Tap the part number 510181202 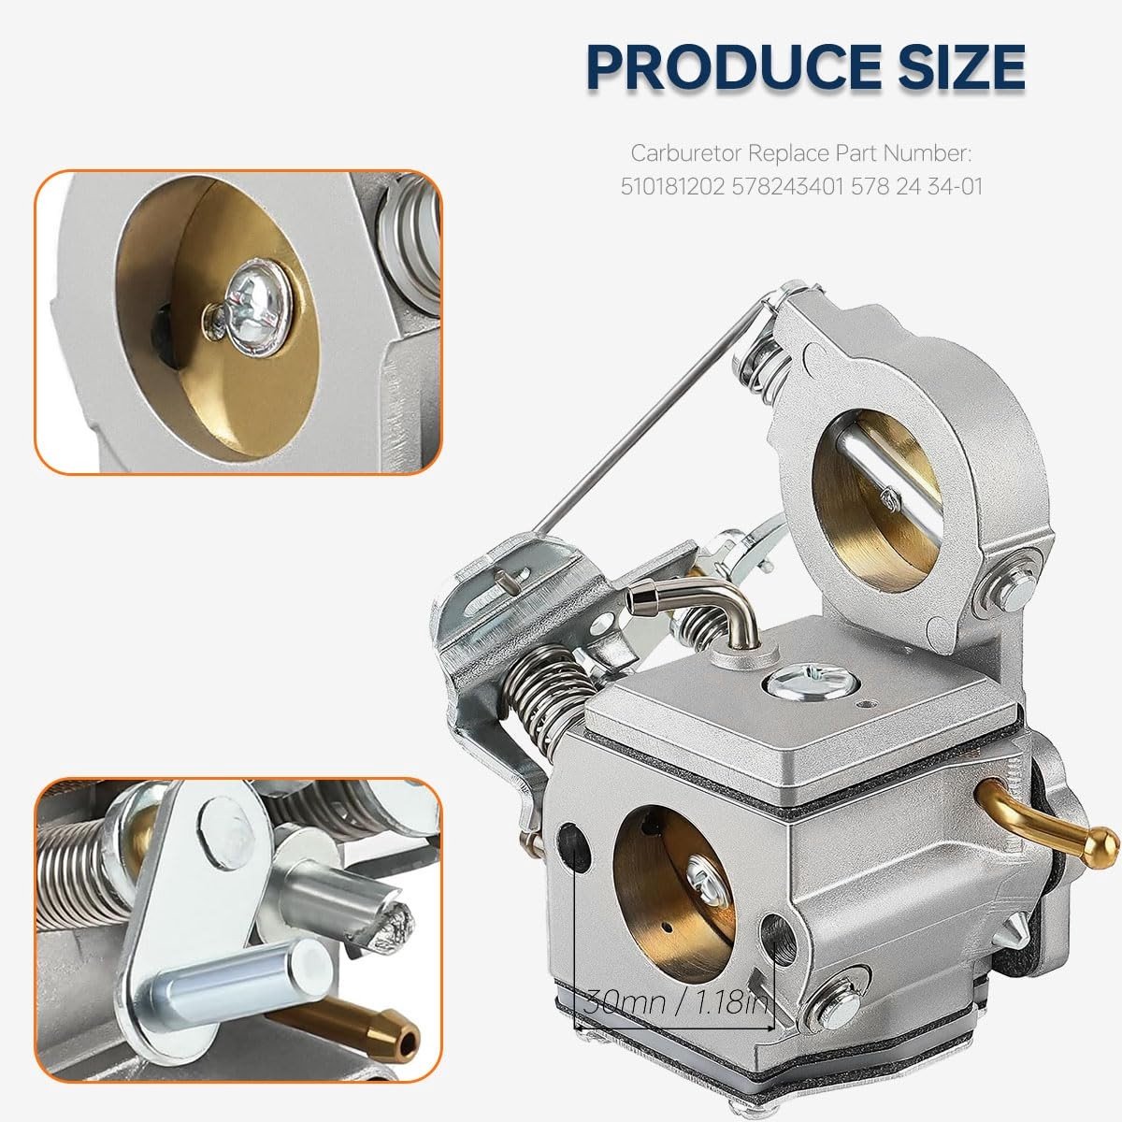(x=672, y=187)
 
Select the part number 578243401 (x=788, y=187)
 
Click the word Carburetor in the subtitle (x=686, y=153)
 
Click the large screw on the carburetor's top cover (x=813, y=683)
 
